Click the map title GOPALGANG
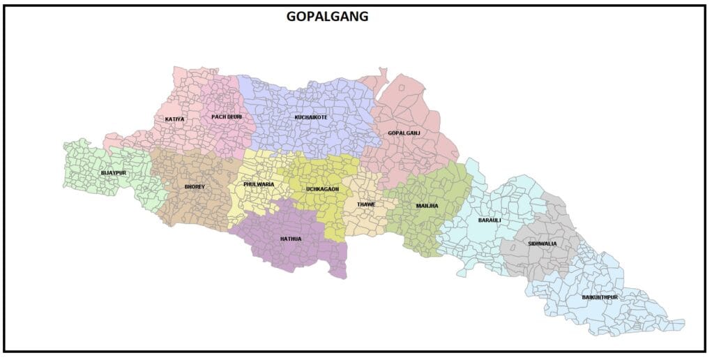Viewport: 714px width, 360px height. click(327, 17)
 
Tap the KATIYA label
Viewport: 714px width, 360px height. click(175, 119)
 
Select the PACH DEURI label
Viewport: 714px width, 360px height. click(227, 117)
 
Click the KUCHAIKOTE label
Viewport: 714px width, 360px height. click(311, 117)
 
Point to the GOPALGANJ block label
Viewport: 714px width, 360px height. click(404, 133)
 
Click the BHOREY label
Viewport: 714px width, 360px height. click(195, 187)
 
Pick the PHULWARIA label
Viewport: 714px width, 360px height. click(259, 184)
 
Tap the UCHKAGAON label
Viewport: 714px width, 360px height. click(323, 189)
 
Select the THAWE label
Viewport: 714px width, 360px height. click(366, 204)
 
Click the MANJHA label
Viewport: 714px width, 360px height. click(427, 206)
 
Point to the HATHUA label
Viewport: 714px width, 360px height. click(291, 239)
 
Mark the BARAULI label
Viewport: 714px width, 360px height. click(489, 220)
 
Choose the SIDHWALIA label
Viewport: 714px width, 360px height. click(542, 243)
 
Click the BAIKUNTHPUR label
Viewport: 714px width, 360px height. click(600, 297)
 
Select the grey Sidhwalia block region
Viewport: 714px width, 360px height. click(551, 258)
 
